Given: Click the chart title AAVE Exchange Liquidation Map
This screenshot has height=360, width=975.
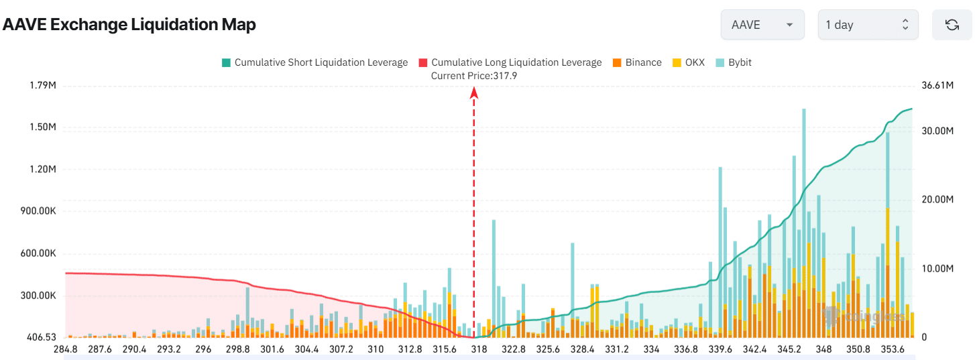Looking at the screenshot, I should (129, 25).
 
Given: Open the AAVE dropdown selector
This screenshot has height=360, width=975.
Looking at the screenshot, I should (762, 25).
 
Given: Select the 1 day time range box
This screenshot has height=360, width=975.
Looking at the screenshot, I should (867, 25).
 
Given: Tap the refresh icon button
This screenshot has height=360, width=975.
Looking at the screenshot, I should (951, 25).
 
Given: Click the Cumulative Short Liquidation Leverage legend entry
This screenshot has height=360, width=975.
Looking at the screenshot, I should (314, 62).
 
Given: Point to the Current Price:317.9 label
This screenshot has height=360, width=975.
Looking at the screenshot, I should (473, 76).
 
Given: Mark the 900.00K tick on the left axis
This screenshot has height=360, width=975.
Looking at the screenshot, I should (38, 211).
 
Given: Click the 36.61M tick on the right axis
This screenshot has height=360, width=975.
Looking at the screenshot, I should (937, 85).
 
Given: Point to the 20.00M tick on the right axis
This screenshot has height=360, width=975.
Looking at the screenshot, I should (937, 199).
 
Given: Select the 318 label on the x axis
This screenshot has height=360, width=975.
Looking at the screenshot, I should (479, 349).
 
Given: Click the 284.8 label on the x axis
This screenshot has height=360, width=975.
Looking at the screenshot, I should (65, 349).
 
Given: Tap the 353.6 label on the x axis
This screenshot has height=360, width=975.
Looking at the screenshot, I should (893, 349).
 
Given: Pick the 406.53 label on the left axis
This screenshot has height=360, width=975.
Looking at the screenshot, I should (42, 337).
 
